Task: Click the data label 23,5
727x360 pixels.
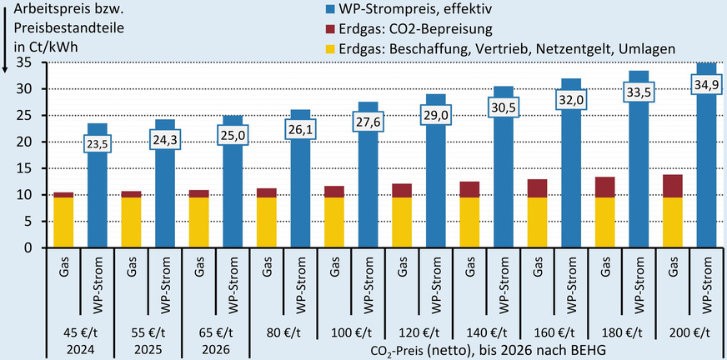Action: tap(98, 144)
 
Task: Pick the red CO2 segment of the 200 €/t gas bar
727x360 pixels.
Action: tap(671, 186)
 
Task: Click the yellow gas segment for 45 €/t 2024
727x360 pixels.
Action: tap(64, 222)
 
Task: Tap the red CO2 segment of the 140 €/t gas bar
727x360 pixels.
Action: tap(469, 189)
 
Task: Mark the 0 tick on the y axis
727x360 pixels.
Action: tap(28, 248)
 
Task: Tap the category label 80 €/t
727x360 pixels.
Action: tap(283, 332)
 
